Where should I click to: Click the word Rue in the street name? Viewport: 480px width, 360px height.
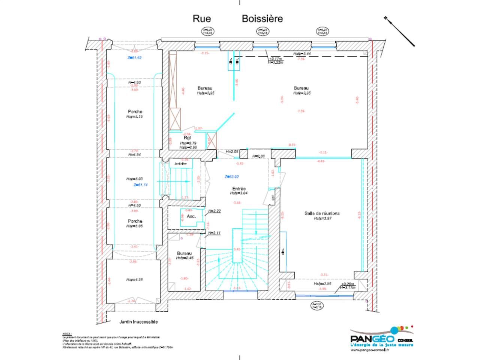click(x=202, y=18)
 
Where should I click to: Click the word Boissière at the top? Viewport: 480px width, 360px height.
click(x=262, y=18)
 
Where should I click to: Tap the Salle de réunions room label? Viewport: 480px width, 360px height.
click(x=322, y=213)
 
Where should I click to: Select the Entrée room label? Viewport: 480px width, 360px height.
click(x=239, y=189)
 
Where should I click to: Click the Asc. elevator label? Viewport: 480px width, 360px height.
click(x=191, y=216)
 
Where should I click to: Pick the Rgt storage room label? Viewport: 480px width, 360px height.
click(x=187, y=138)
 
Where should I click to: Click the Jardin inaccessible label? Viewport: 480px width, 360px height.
click(x=138, y=322)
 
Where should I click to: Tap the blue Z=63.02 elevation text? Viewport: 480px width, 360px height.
click(x=231, y=177)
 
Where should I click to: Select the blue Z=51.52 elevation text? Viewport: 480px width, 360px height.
click(x=134, y=58)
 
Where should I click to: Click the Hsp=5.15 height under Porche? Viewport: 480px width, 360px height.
click(x=135, y=117)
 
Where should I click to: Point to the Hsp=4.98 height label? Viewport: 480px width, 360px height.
click(x=134, y=279)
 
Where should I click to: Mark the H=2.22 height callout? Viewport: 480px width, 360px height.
click(x=214, y=211)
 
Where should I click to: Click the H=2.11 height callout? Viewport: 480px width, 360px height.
click(x=214, y=233)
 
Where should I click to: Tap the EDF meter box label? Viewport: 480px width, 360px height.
click(x=273, y=197)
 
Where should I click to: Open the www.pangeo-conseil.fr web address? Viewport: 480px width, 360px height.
click(x=370, y=350)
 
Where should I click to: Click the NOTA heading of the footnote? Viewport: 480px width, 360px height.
click(x=66, y=333)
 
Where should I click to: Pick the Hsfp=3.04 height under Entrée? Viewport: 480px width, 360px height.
click(x=239, y=193)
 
